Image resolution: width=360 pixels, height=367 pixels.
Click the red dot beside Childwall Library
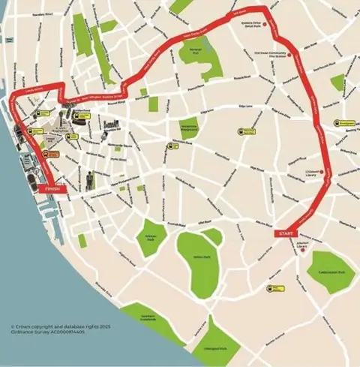point(319,173)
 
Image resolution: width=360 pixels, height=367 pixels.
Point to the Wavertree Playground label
point(188,128)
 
